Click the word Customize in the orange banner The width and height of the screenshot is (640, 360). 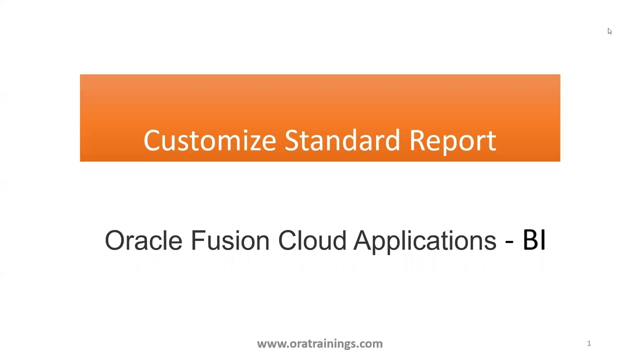pyautogui.click(x=209, y=140)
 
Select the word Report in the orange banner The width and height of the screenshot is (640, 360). pyautogui.click(x=452, y=141)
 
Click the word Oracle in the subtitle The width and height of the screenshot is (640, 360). pyautogui.click(x=143, y=240)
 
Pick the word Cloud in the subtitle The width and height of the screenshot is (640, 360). pyautogui.click(x=312, y=240)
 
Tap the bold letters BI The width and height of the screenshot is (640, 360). pyautogui.click(x=534, y=240)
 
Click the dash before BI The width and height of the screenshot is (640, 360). pyautogui.click(x=509, y=242)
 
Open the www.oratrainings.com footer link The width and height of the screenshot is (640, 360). pyautogui.click(x=319, y=343)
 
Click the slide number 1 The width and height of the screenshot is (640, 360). pyautogui.click(x=589, y=343)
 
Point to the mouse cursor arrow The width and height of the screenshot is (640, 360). pyautogui.click(x=609, y=31)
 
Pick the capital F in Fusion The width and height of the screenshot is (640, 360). pyautogui.click(x=196, y=240)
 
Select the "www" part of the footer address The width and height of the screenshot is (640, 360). pyautogui.click(x=269, y=344)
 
